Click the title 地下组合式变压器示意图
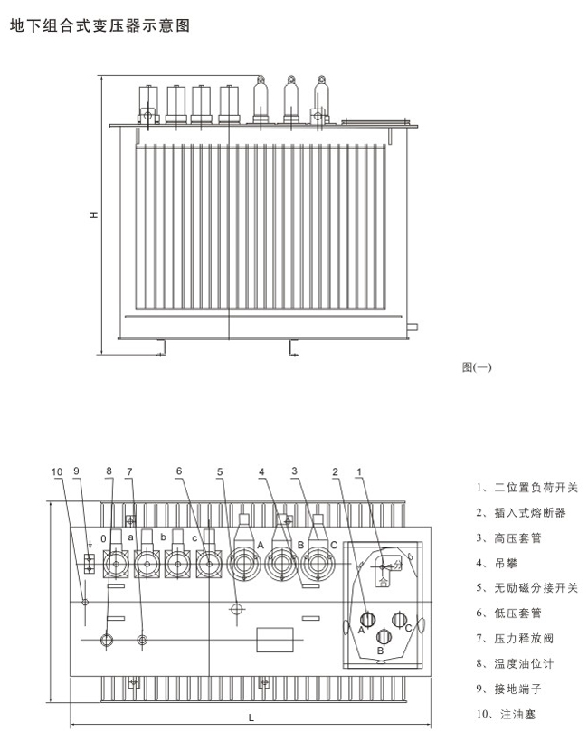pyautogui.click(x=100, y=25)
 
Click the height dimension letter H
pyautogui.click(x=94, y=215)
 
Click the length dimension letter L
pyautogui.click(x=251, y=718)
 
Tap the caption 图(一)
pyautogui.click(x=477, y=367)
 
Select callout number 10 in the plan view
pyautogui.click(x=57, y=472)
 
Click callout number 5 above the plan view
pyautogui.click(x=220, y=472)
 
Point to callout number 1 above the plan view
pyautogui.click(x=359, y=472)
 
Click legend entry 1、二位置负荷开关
pyautogui.click(x=526, y=488)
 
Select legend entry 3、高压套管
pyautogui.click(x=508, y=538)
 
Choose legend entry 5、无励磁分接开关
pyautogui.click(x=526, y=588)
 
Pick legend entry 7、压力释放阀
pyautogui.click(x=515, y=639)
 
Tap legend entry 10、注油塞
pyautogui.click(x=506, y=714)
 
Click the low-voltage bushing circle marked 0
pyautogui.click(x=115, y=564)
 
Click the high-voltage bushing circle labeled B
pyautogui.click(x=281, y=564)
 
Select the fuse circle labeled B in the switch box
pyautogui.click(x=384, y=636)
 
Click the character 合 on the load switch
pyautogui.click(x=383, y=582)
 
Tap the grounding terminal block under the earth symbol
pyautogui.click(x=90, y=564)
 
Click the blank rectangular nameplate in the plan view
pyautogui.click(x=275, y=640)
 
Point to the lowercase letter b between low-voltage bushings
pyautogui.click(x=163, y=537)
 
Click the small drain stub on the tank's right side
pyautogui.click(x=413, y=328)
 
